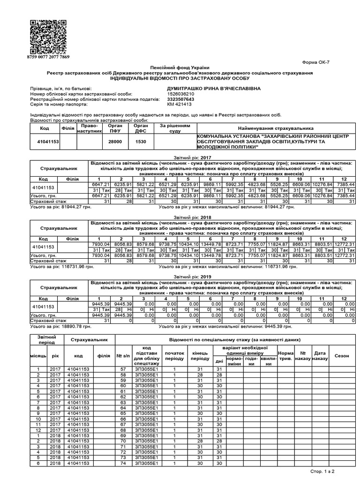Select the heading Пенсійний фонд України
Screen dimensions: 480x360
pos(180,68)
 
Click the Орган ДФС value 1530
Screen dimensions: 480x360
pos(141,141)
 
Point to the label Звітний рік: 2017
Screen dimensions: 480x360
pos(180,158)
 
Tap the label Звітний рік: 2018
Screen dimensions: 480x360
pos(180,217)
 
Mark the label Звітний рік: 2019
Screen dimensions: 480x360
pos(180,277)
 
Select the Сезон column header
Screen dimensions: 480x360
pos(342,356)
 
